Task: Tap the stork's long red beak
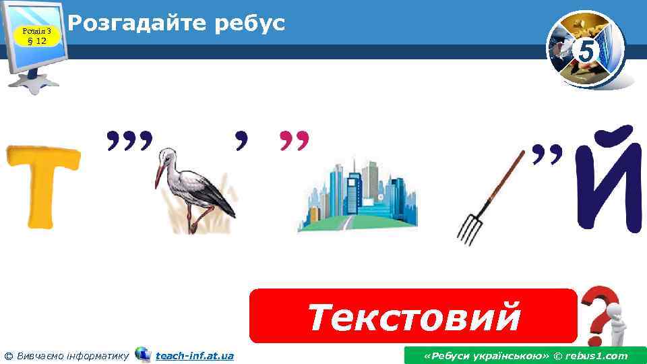coord(159,177)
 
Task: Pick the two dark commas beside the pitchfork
coord(547,154)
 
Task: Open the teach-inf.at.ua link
coord(194,355)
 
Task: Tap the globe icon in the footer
coord(143,355)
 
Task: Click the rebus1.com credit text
coord(525,355)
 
